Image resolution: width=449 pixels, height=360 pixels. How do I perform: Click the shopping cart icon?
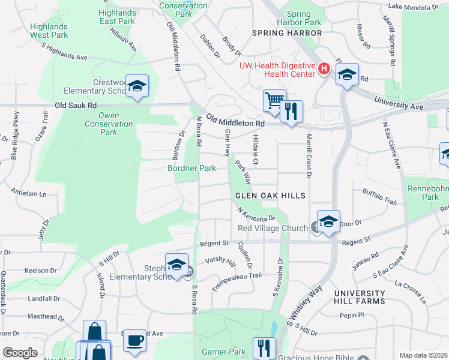tap(274, 100)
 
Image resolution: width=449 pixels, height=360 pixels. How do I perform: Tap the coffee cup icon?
tap(135, 340)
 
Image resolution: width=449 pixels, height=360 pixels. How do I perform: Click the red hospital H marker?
tap(324, 69)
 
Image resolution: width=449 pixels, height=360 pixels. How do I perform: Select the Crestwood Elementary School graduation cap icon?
tap(137, 87)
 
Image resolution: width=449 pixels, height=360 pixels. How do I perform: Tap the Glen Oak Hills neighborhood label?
tap(270, 196)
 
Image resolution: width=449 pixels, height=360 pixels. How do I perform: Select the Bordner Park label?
tap(191, 169)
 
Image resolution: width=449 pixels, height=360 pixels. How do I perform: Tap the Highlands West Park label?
tap(49, 31)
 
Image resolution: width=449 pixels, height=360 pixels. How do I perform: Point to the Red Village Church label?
tap(273, 228)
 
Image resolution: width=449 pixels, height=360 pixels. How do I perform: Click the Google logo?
tap(20, 353)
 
